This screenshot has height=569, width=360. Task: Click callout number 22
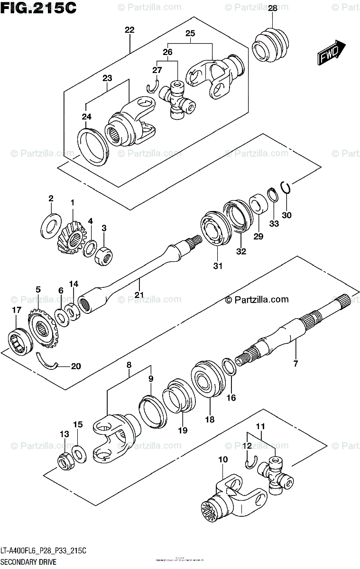[x=129, y=30]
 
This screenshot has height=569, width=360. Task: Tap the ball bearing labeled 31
[x=213, y=230]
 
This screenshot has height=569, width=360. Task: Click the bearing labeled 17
[x=19, y=340]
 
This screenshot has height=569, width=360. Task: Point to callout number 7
[x=295, y=364]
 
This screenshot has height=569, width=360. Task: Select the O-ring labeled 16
[x=229, y=366]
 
